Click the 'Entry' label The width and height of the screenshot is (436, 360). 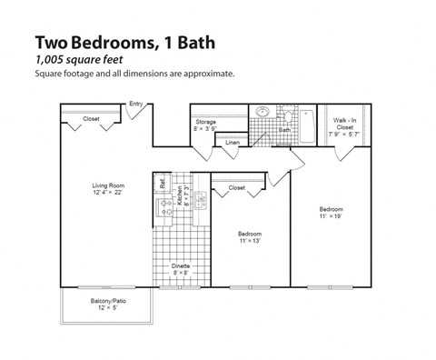click(136, 104)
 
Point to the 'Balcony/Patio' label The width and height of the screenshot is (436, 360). click(107, 300)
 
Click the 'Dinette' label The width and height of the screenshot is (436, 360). click(180, 265)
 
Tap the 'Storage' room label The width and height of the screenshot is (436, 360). click(204, 122)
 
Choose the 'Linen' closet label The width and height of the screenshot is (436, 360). click(233, 143)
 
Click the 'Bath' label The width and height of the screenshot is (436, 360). click(284, 130)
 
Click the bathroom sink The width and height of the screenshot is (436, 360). click(263, 114)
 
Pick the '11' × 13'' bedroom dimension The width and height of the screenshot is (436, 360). click(250, 240)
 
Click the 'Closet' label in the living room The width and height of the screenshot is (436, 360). click(92, 119)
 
